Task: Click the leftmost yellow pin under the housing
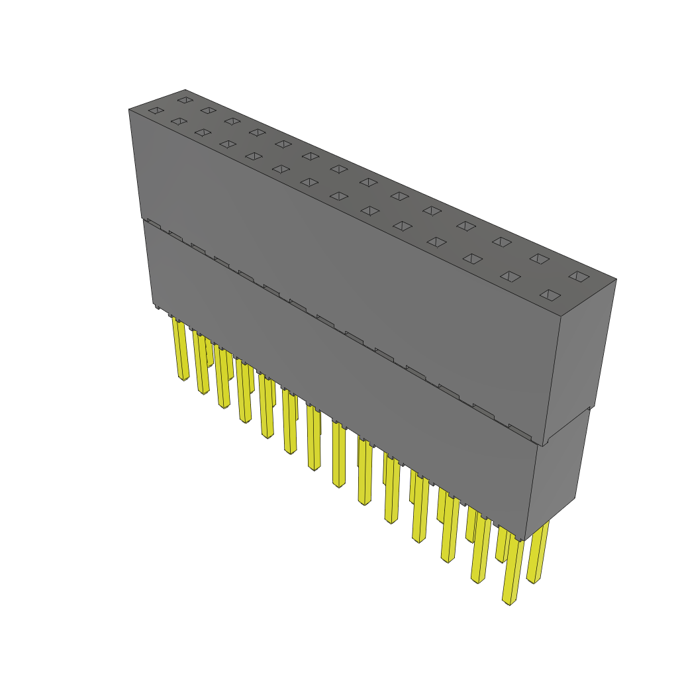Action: click(180, 348)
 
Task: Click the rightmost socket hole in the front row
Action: click(550, 295)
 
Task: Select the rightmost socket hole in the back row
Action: click(579, 276)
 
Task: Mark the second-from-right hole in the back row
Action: click(539, 258)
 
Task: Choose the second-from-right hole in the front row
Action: click(510, 276)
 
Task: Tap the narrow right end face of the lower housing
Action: click(556, 477)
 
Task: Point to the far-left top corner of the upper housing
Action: click(129, 110)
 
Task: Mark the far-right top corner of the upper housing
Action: click(616, 279)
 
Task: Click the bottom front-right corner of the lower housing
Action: click(526, 540)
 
